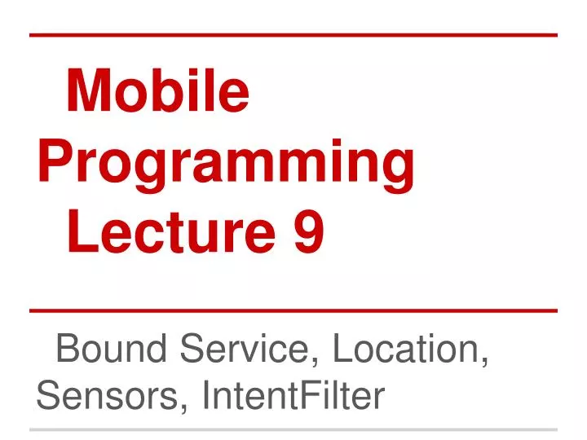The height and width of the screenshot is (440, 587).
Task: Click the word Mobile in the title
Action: pos(157,91)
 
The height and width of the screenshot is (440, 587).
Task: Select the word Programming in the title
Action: pos(226,161)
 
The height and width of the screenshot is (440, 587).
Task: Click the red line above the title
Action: pos(293,35)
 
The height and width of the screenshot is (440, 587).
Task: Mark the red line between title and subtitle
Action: pos(293,310)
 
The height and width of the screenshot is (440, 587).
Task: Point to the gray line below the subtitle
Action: pos(293,429)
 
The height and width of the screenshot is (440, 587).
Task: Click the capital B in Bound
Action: pos(67,350)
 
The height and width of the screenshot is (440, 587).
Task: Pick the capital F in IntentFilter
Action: pos(315,396)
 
